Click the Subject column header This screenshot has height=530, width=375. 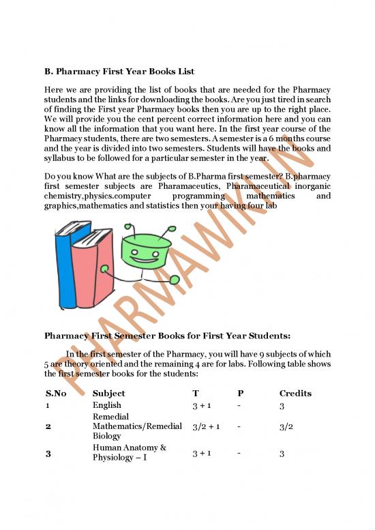click(x=108, y=394)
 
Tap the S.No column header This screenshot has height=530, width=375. click(x=56, y=394)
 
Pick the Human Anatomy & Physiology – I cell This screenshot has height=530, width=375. click(x=130, y=452)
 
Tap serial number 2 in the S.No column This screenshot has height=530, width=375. click(x=48, y=426)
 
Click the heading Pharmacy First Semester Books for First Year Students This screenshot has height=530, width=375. click(x=167, y=336)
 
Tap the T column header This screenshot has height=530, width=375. click(x=196, y=394)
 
